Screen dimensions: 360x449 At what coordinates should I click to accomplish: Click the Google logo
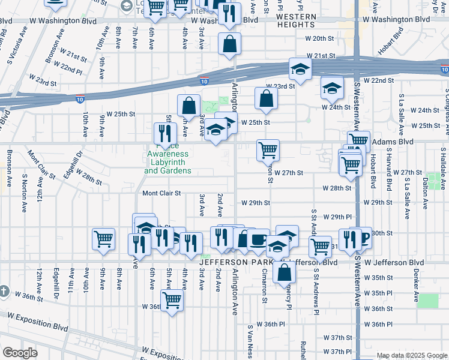pos(20,353)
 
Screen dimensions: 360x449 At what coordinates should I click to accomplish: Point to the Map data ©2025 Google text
pos(411,355)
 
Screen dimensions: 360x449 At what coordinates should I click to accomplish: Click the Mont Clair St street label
pos(161,193)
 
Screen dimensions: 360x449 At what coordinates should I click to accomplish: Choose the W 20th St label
pos(319,38)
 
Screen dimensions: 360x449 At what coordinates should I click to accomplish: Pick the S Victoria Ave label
pos(16,44)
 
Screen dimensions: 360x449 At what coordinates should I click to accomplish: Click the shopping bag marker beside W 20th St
pos(229,44)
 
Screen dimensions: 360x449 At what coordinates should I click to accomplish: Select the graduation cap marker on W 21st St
pos(300,70)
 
